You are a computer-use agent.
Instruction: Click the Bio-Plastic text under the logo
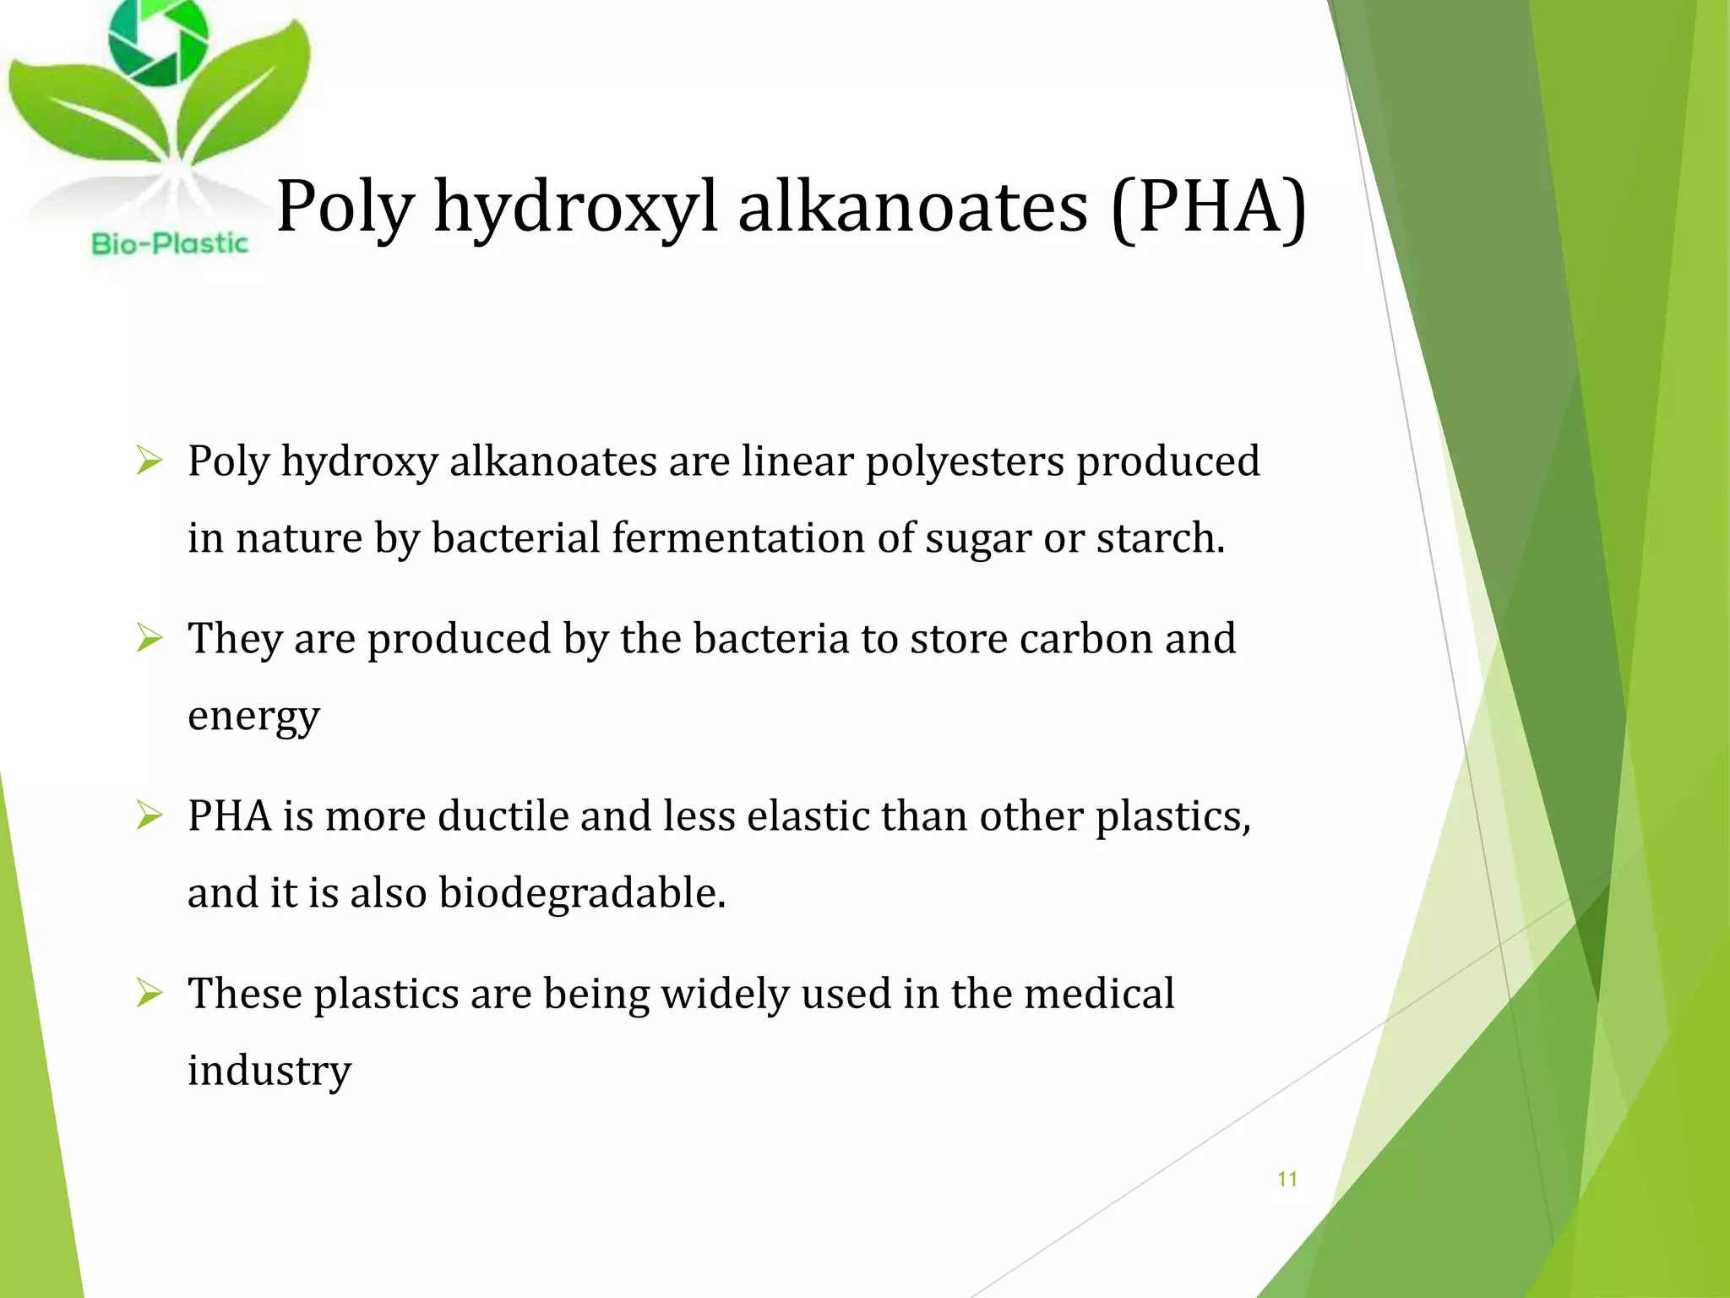coord(170,244)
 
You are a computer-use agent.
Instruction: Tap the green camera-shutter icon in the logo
coord(158,40)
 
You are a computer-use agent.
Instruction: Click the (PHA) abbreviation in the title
coord(1209,207)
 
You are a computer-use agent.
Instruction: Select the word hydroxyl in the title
coord(575,207)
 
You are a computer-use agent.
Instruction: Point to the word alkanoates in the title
coord(912,207)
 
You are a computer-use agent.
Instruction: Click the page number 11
coord(1287,1179)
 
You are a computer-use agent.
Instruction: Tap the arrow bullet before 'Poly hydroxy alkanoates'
coord(149,461)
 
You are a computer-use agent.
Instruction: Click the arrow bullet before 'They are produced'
coord(149,639)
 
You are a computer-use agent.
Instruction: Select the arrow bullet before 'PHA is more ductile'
coord(149,816)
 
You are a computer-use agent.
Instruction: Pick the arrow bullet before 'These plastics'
coord(149,994)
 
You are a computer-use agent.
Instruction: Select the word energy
coord(253,717)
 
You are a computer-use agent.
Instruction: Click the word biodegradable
coord(582,893)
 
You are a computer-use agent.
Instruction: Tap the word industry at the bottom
coord(269,1071)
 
